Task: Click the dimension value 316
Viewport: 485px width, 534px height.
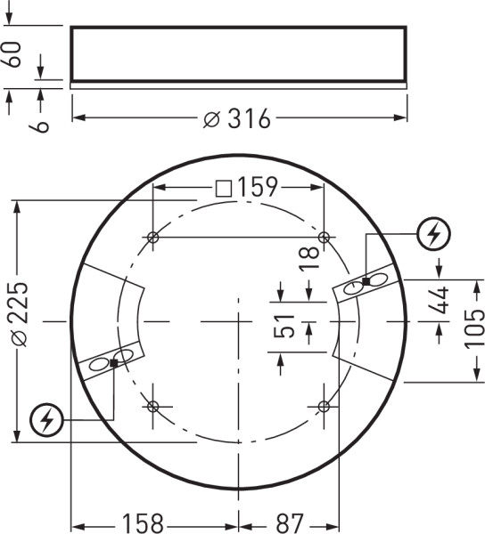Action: (247, 118)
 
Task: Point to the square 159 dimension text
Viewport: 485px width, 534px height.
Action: (257, 188)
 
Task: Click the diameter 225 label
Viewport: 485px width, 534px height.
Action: (17, 313)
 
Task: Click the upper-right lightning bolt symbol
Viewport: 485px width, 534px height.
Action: (434, 235)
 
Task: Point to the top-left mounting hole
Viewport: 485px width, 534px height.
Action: (153, 238)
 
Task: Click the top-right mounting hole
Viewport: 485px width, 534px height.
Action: (325, 238)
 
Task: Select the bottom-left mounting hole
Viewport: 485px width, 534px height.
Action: (153, 407)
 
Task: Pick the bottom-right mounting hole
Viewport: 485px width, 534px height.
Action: (325, 407)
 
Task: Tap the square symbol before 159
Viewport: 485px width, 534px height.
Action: (224, 188)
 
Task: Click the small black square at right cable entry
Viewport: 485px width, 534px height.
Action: (366, 281)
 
